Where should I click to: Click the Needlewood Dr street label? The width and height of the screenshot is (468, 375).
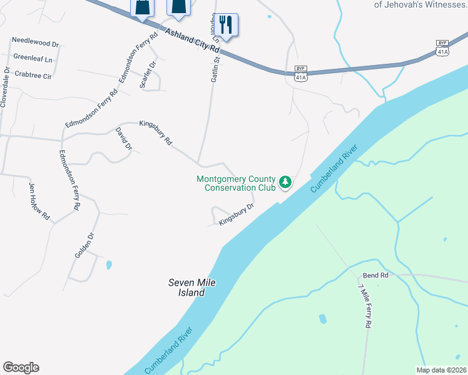[x=35, y=44]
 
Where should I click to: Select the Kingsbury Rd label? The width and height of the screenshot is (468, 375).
[x=155, y=132]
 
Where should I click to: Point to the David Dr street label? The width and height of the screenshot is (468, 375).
[x=123, y=139]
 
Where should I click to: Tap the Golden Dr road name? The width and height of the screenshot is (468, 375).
[x=84, y=245]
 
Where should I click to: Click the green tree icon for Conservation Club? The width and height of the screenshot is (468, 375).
[x=285, y=182]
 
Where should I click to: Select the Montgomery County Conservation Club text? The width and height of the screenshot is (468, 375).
[x=235, y=182]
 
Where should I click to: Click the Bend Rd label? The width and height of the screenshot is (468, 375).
[x=375, y=275]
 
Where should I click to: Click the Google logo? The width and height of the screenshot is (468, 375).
[x=21, y=367]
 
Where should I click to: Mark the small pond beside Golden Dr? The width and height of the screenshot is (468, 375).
[x=109, y=265]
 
